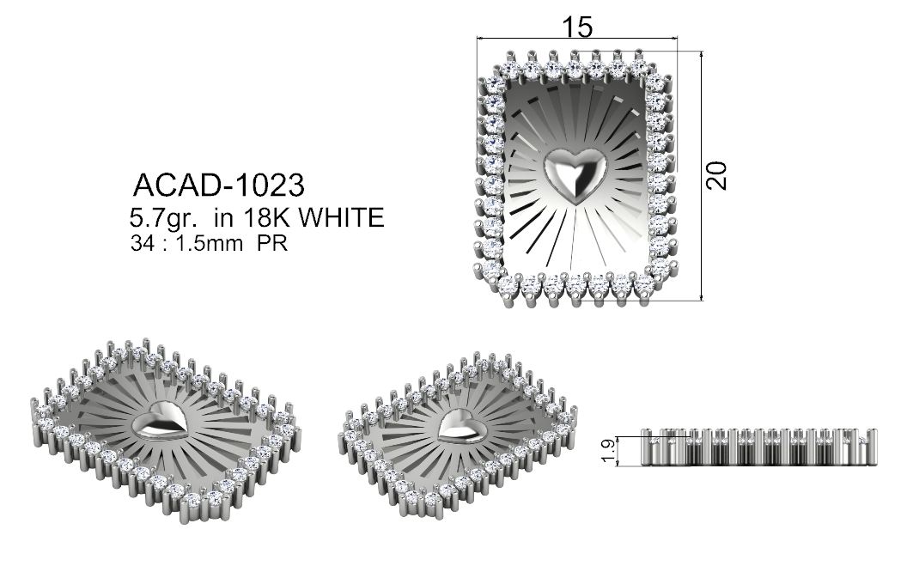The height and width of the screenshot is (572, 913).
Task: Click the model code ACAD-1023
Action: click(x=218, y=186)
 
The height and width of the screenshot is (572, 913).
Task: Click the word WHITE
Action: click(x=341, y=217)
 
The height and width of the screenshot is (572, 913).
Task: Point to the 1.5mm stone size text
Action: click(x=209, y=243)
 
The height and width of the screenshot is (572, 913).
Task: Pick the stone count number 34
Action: click(x=142, y=243)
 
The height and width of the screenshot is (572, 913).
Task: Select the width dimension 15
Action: click(x=577, y=27)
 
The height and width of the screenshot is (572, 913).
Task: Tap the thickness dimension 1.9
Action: click(x=606, y=452)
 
